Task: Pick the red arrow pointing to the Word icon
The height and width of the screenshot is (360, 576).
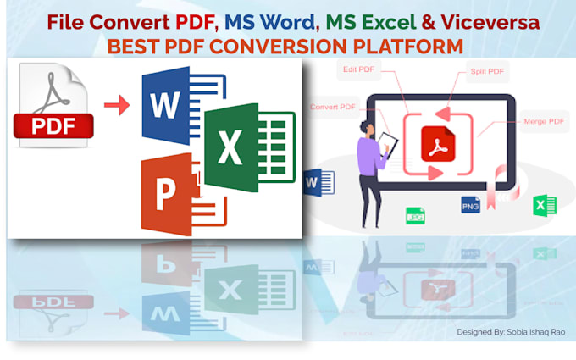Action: pos(117,105)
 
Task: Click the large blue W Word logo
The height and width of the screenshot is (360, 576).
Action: pos(169,106)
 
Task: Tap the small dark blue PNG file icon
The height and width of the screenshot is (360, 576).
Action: pos(470,204)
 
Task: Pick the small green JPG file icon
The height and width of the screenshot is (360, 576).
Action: pos(415,215)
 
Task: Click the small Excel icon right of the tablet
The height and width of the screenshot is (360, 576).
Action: pos(544,205)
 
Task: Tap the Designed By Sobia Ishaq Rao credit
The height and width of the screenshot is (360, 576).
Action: pos(511,333)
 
